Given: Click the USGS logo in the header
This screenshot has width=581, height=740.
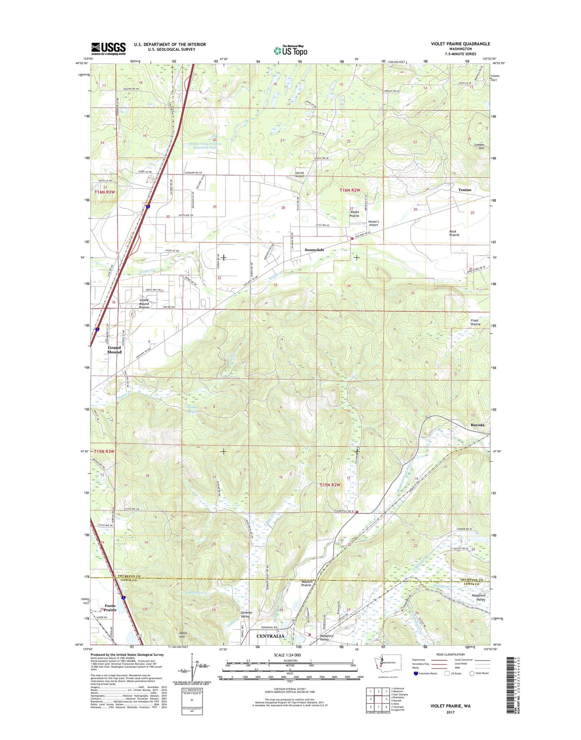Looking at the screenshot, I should pos(108,49).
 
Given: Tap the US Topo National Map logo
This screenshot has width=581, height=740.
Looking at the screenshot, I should pos(291,50).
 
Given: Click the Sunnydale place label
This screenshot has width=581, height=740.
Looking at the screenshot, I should pos(314,250).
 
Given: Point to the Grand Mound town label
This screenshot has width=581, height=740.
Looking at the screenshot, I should pos(114,350).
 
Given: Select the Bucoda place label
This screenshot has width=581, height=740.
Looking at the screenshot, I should pos(477,425).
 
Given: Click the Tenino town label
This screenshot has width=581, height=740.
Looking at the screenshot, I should pos(464,190).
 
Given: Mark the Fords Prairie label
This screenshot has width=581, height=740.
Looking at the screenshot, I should pos(110,608).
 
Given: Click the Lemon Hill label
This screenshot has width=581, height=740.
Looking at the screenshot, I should pos(479,146).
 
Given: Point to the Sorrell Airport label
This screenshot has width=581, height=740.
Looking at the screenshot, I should pos(300,174).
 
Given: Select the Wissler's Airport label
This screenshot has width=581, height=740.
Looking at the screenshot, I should pos(373,223).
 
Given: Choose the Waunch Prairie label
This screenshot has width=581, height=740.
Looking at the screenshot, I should pos(306,583).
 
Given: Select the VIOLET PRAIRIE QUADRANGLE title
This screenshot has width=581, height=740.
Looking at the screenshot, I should pos(460,44).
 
